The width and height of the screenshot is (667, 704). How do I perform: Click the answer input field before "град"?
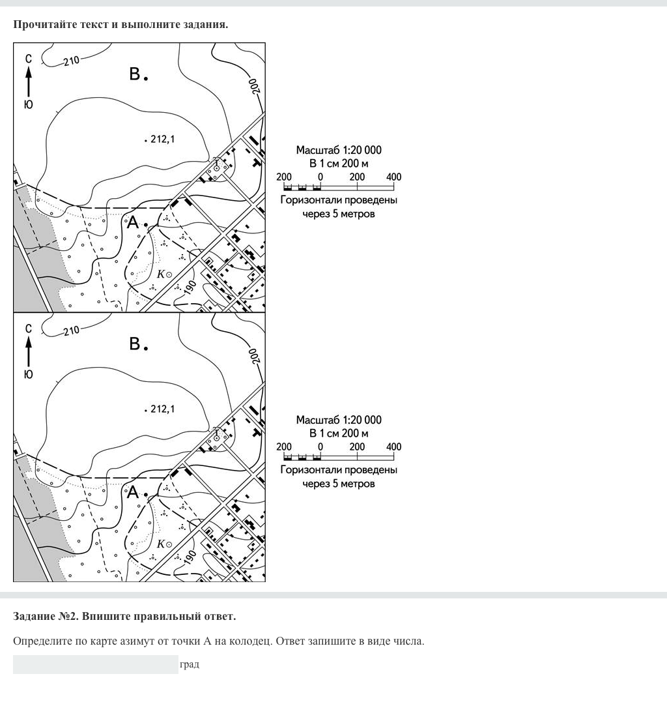[95, 664]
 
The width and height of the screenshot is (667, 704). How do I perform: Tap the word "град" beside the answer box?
[190, 664]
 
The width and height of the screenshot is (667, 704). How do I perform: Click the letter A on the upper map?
[133, 223]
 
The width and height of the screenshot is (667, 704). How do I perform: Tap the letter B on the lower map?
[135, 344]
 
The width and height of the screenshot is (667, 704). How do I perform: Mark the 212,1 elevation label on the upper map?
[163, 139]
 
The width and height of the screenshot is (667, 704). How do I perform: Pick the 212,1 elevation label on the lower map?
[163, 409]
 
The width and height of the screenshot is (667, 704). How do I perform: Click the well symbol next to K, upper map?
[169, 274]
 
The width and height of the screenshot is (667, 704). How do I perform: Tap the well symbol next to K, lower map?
[169, 544]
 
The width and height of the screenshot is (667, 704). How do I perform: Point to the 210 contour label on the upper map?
[71, 61]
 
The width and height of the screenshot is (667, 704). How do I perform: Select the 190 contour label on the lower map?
[190, 558]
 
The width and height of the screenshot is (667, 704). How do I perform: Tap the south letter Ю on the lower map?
[28, 374]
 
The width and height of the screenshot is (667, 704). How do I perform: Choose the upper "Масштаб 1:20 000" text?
[339, 150]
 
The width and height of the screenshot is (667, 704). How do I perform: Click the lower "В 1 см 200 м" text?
[339, 433]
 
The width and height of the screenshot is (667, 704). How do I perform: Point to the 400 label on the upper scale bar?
[393, 177]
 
